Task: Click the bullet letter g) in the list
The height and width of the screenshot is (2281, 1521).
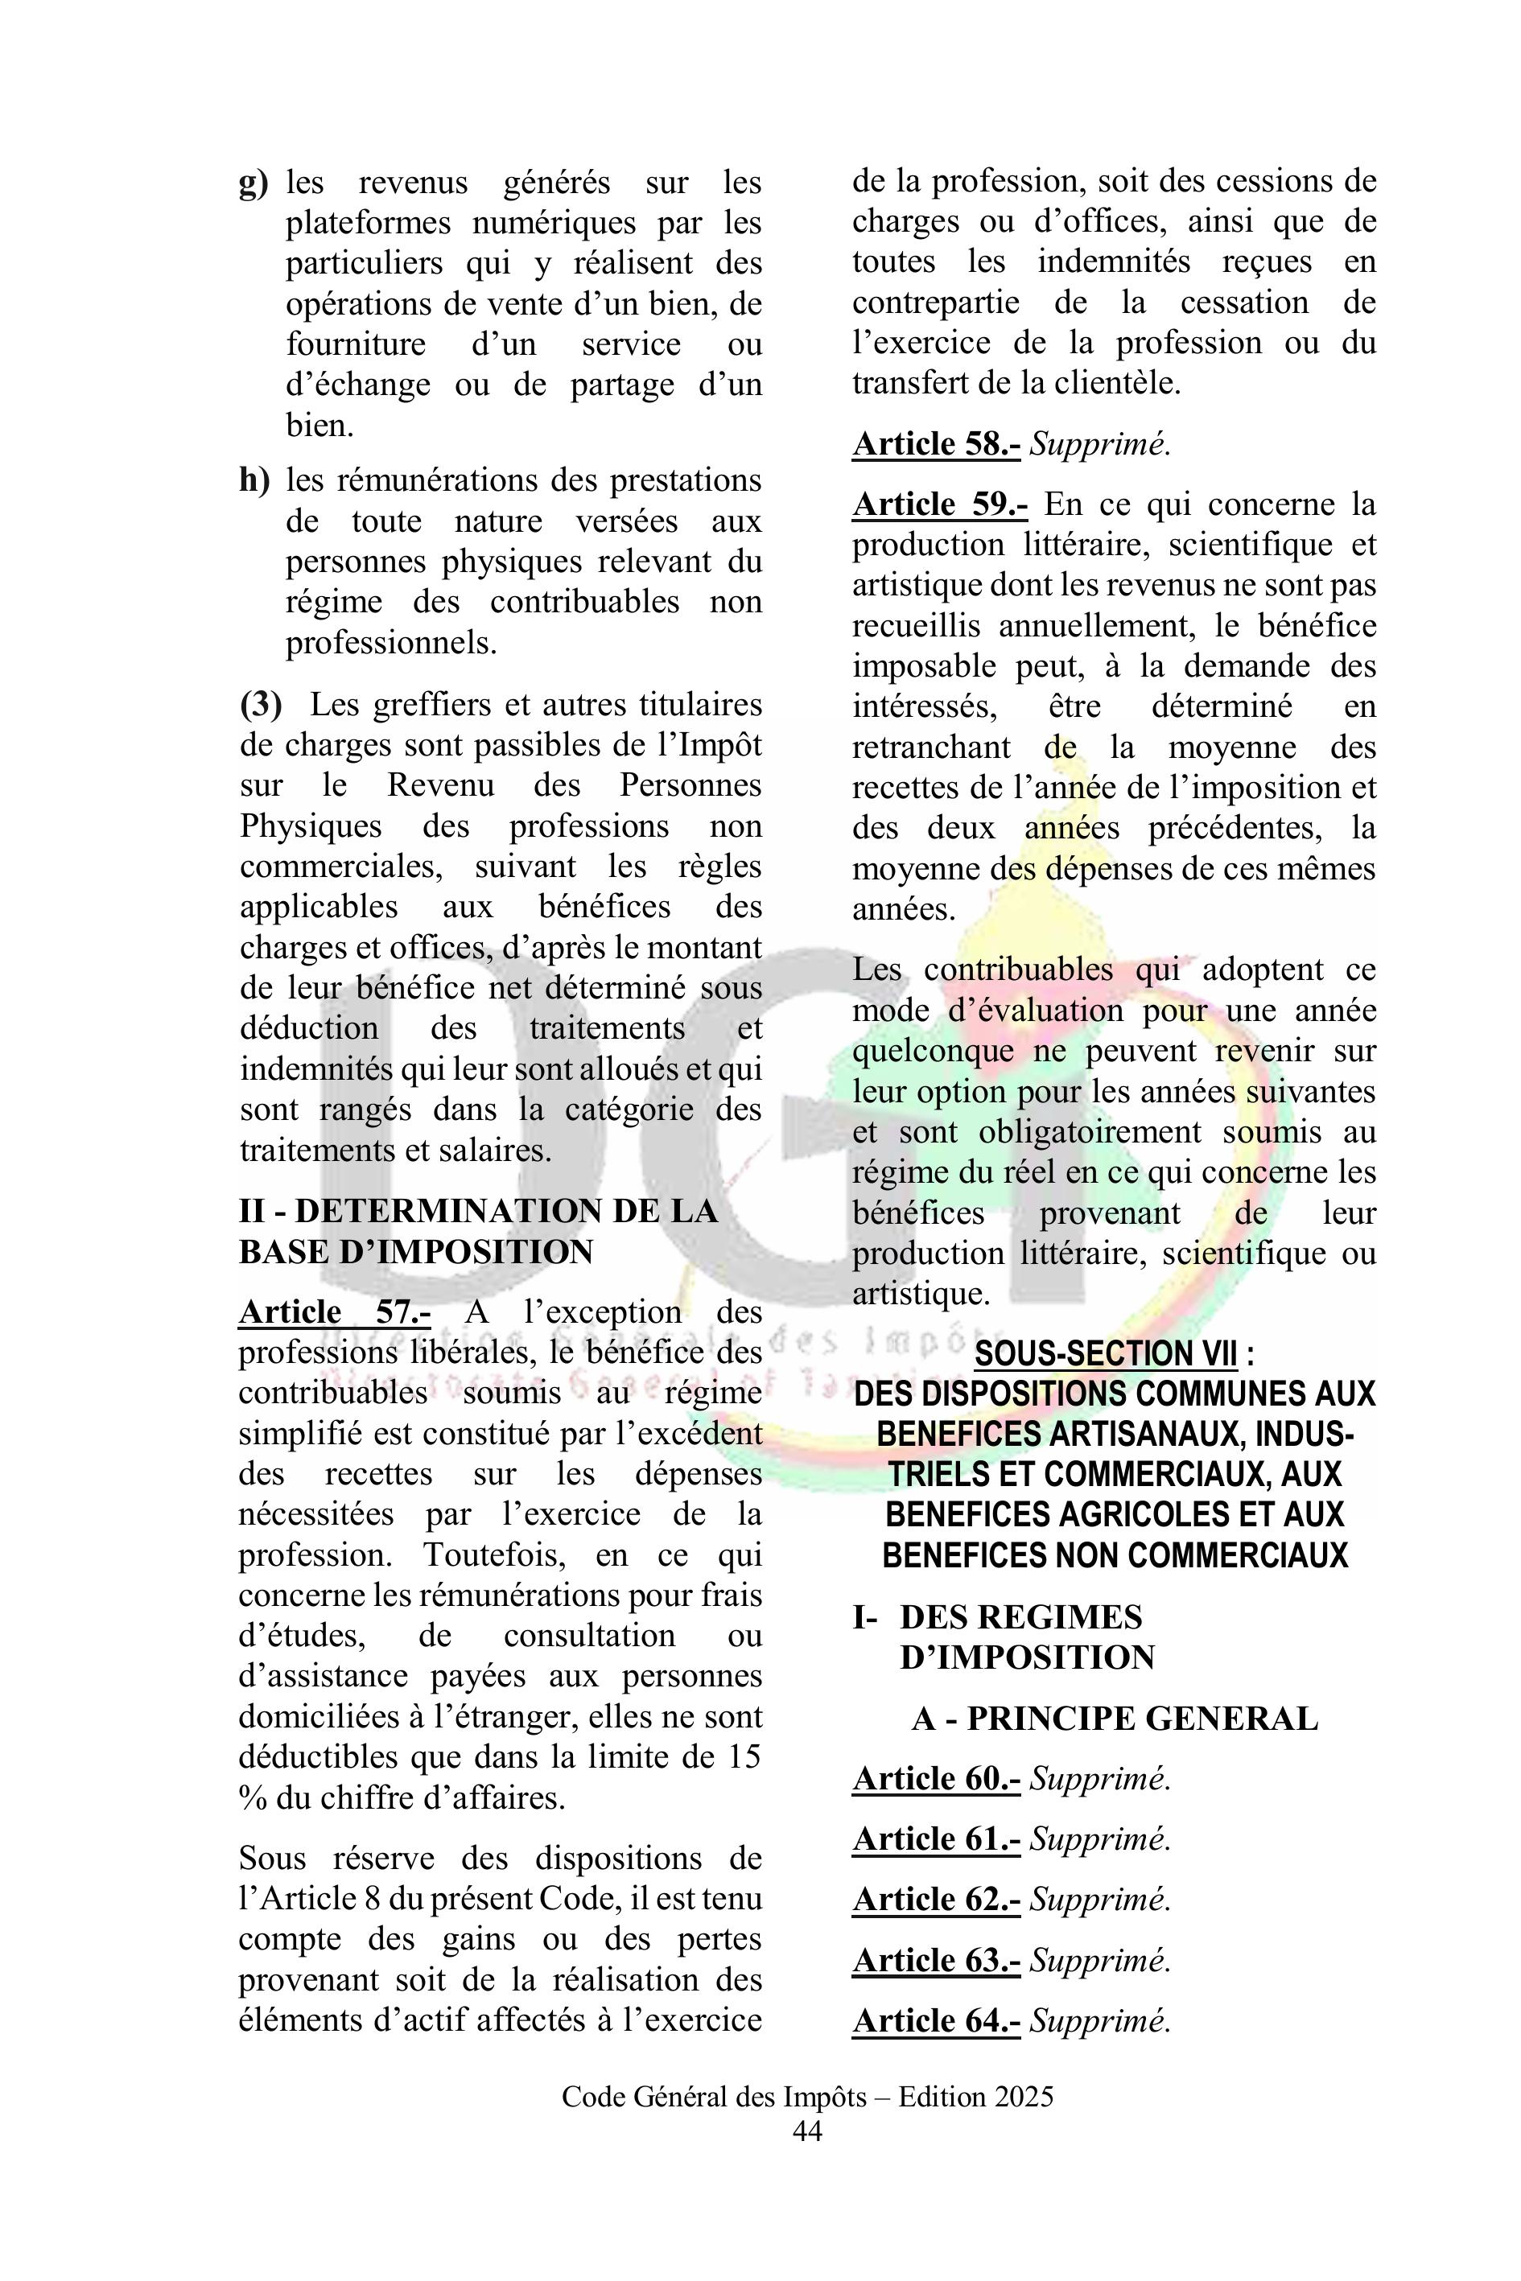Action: click(253, 183)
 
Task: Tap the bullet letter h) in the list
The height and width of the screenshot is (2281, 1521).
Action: click(254, 480)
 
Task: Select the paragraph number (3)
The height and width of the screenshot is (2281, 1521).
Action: click(261, 704)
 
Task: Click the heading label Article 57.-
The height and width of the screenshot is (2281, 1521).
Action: click(335, 1311)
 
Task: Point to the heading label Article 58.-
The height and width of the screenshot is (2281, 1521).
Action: click(935, 443)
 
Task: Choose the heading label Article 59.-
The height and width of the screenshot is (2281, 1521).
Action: click(939, 504)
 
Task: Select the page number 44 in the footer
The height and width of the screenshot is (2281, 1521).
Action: click(807, 2131)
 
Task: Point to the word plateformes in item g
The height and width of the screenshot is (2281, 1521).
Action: click(368, 223)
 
